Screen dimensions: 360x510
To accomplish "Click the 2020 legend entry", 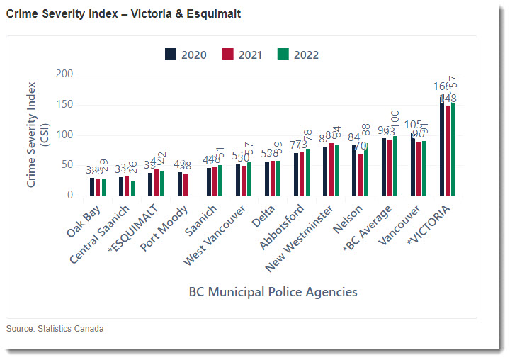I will click(186, 55).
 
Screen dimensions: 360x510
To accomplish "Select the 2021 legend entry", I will click(242, 55).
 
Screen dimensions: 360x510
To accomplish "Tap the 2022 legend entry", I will click(299, 55).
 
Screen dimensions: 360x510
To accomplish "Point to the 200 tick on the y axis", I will click(64, 74).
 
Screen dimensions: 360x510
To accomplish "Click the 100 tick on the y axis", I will click(64, 135).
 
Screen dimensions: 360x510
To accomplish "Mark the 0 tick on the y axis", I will click(69, 196).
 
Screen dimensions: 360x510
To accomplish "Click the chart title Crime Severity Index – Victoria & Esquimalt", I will click(123, 13).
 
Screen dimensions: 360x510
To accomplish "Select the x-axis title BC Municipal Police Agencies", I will click(273, 291).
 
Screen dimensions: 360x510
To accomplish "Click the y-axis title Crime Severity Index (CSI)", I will click(37, 135).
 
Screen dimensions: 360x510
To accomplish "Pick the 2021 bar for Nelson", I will click(360, 174).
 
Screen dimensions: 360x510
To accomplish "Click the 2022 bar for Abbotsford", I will click(307, 172).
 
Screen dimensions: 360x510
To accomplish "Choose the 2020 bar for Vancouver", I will click(412, 164).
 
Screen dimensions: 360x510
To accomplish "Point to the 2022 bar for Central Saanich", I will click(133, 188).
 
